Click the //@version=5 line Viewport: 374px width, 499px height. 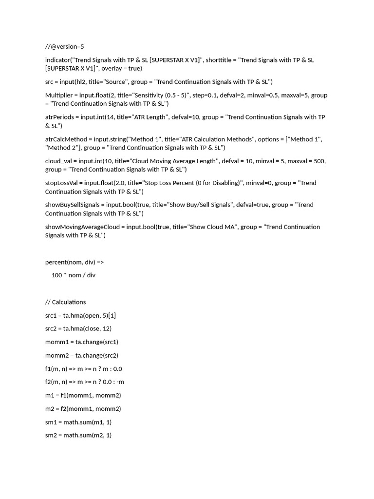tap(64, 47)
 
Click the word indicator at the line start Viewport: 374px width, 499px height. tap(58, 60)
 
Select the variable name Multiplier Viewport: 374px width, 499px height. tap(60, 95)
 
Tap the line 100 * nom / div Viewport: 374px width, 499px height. tap(73, 275)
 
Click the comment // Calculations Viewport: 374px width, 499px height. tap(65, 302)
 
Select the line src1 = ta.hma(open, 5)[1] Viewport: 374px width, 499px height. tap(80, 315)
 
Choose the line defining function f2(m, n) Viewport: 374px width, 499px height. tap(85, 382)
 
